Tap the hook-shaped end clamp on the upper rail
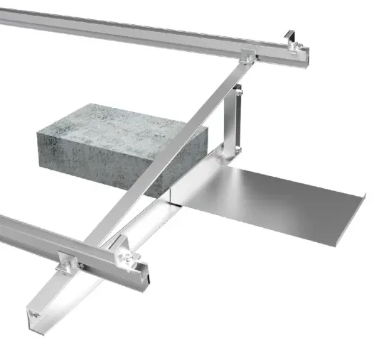coord(291,38)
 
